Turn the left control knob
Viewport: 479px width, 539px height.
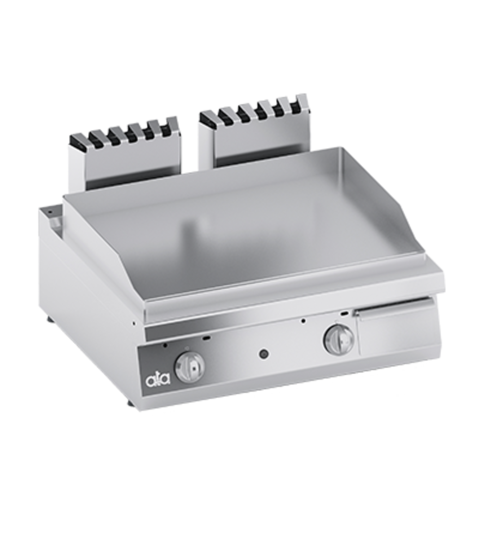click(x=189, y=367)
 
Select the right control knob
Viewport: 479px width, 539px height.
click(x=338, y=340)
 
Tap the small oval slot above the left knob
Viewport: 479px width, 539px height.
click(x=207, y=338)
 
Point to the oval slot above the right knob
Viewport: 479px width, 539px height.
click(x=344, y=314)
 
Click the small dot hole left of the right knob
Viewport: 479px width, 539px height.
click(x=303, y=321)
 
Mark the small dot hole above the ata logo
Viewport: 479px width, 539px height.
click(x=165, y=345)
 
